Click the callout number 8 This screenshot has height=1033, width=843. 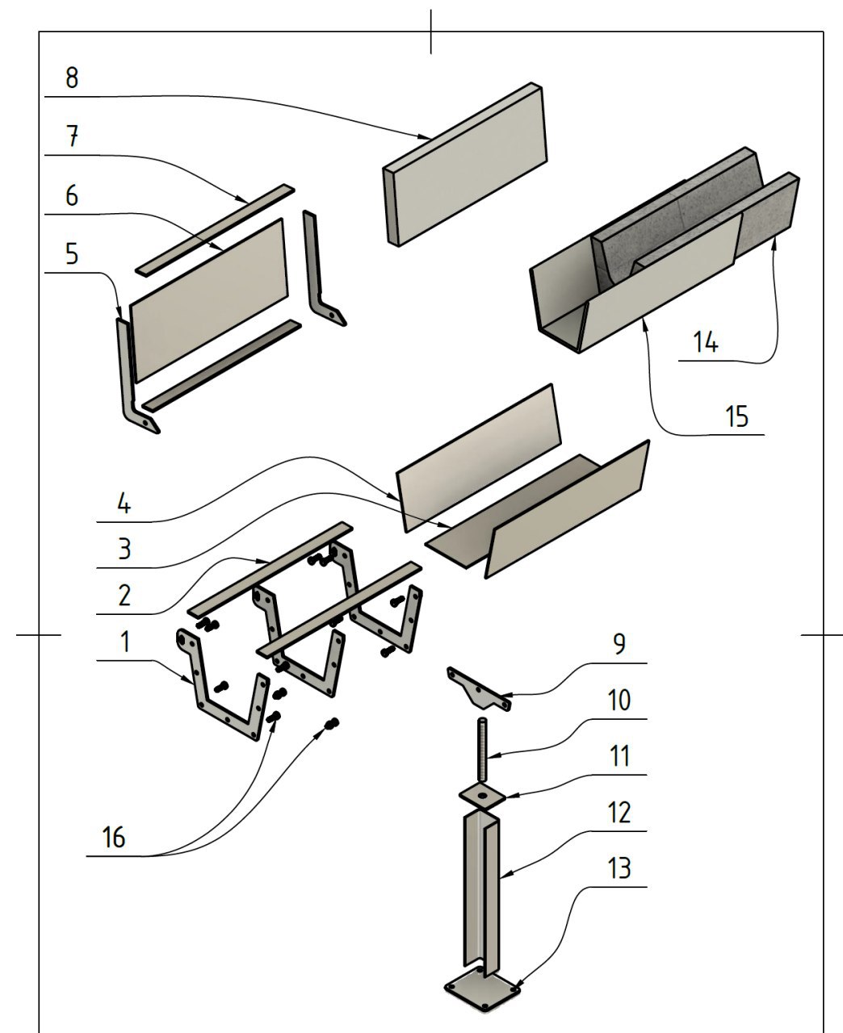72,78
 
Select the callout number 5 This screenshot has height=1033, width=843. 72,254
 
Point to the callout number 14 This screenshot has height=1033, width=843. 705,342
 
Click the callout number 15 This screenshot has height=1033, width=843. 736,416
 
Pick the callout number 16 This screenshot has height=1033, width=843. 114,838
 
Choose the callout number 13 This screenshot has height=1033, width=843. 619,869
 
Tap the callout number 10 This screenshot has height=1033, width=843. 619,700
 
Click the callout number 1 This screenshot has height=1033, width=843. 124,642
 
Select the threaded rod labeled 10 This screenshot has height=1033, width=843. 483,747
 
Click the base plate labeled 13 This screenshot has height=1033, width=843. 482,992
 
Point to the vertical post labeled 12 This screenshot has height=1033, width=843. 482,888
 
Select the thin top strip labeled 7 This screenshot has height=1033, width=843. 214,229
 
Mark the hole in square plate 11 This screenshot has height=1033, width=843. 482,795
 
